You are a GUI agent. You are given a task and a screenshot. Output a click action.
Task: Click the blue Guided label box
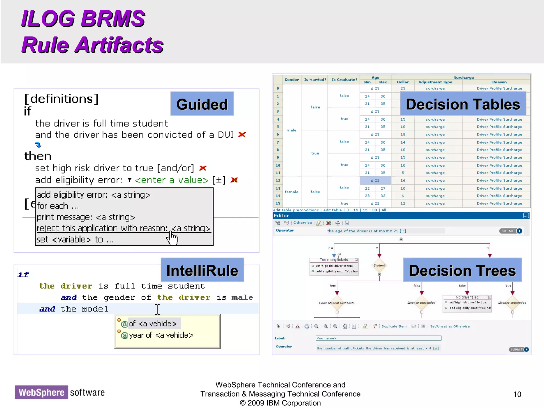[x=202, y=104]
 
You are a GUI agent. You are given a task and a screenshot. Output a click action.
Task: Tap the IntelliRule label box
[x=202, y=270]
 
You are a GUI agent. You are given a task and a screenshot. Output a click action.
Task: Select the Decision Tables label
[x=463, y=104]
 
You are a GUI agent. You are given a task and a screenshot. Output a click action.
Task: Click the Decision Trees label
[x=462, y=270]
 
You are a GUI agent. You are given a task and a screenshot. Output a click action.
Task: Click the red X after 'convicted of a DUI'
[x=242, y=135]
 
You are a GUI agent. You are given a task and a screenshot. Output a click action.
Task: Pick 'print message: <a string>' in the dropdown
[x=86, y=217]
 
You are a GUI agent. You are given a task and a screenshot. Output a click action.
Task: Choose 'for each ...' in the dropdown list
[x=58, y=206]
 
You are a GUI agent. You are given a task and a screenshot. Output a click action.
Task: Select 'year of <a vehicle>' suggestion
[x=161, y=335]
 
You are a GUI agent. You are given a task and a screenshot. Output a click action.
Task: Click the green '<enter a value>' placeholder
[x=172, y=180]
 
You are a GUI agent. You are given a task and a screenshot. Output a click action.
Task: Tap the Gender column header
[x=292, y=80]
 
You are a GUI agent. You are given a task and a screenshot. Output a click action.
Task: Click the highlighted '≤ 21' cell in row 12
[x=375, y=180]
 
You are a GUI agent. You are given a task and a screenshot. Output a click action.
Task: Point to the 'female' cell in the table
[x=291, y=192]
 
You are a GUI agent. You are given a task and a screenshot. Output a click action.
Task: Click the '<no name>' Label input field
[x=378, y=338]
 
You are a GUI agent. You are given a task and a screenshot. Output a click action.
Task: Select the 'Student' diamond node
[x=379, y=265]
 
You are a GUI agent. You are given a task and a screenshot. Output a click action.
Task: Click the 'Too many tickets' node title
[x=334, y=260]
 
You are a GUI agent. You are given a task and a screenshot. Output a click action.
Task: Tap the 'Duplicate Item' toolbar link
[x=394, y=326]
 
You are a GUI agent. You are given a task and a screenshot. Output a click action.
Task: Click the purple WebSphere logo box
[x=41, y=392]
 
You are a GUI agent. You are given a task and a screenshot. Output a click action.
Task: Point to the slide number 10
[x=517, y=394]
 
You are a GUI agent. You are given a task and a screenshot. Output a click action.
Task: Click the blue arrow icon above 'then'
[x=38, y=145]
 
